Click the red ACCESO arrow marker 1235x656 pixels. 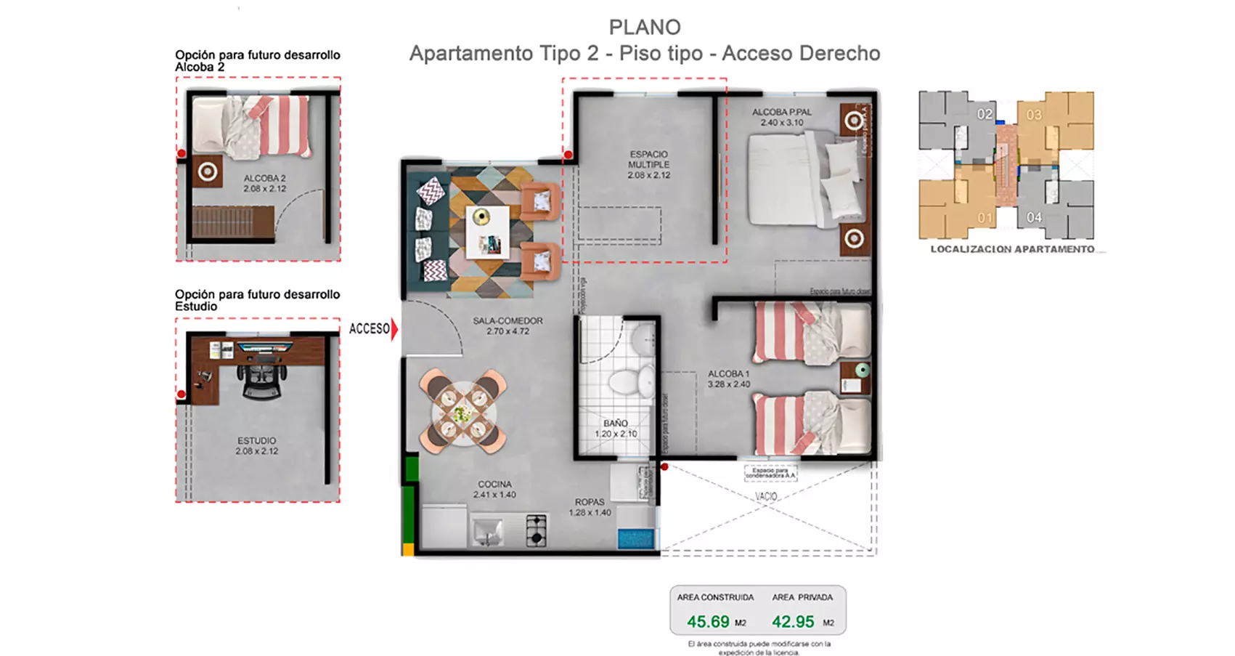(x=394, y=329)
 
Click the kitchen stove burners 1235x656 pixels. (x=536, y=530)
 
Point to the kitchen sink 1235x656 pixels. (x=487, y=532)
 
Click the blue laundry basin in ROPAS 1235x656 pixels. (x=636, y=539)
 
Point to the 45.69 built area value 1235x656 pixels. (x=708, y=622)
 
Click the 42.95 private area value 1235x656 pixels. (x=793, y=622)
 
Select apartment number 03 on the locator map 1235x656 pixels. (x=1034, y=115)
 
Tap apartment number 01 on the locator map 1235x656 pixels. (x=985, y=218)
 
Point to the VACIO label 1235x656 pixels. (x=766, y=497)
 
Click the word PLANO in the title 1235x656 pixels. (x=645, y=27)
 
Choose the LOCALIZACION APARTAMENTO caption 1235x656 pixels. (x=1012, y=249)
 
